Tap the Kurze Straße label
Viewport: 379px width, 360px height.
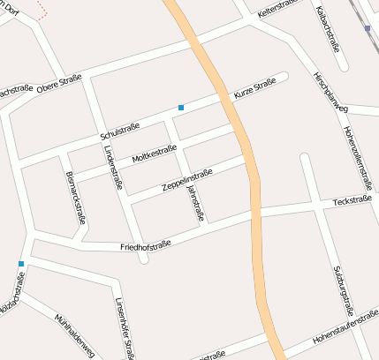tap(255, 88)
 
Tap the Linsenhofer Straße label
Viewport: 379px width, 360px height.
tap(124, 328)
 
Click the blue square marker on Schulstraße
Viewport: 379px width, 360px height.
tap(181, 108)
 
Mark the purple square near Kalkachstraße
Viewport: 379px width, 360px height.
tap(367, 29)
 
